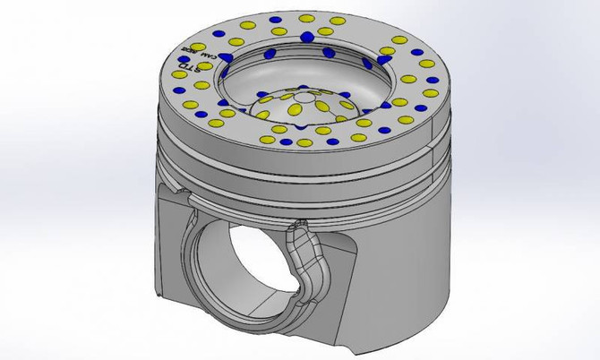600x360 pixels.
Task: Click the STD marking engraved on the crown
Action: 184,67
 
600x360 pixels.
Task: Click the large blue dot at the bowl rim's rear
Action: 307,36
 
